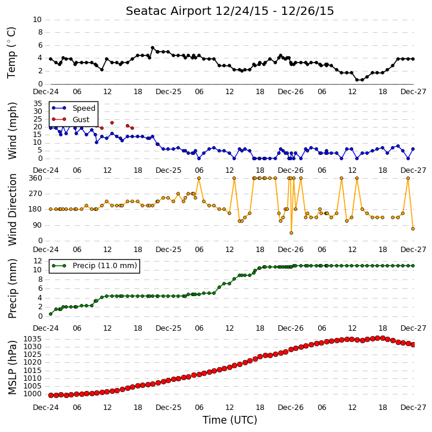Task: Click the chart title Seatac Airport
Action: (169, 11)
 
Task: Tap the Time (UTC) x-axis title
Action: (230, 420)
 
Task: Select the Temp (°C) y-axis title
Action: (11, 52)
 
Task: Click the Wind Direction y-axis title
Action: (13, 209)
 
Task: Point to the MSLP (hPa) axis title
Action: (13, 368)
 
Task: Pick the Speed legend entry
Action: (84, 108)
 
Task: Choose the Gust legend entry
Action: (81, 120)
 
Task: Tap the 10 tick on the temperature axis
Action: (37, 20)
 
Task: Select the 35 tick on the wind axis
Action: (38, 104)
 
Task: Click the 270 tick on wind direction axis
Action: (36, 194)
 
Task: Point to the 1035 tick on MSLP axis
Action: (33, 339)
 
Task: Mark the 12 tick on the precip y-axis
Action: (38, 260)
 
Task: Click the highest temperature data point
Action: (153, 48)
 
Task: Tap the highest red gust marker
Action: (112, 123)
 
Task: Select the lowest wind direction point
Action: (291, 233)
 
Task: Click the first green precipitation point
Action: (51, 314)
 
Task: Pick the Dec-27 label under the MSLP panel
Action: (414, 408)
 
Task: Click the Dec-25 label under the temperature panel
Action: (169, 92)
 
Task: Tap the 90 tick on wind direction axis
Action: (38, 225)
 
